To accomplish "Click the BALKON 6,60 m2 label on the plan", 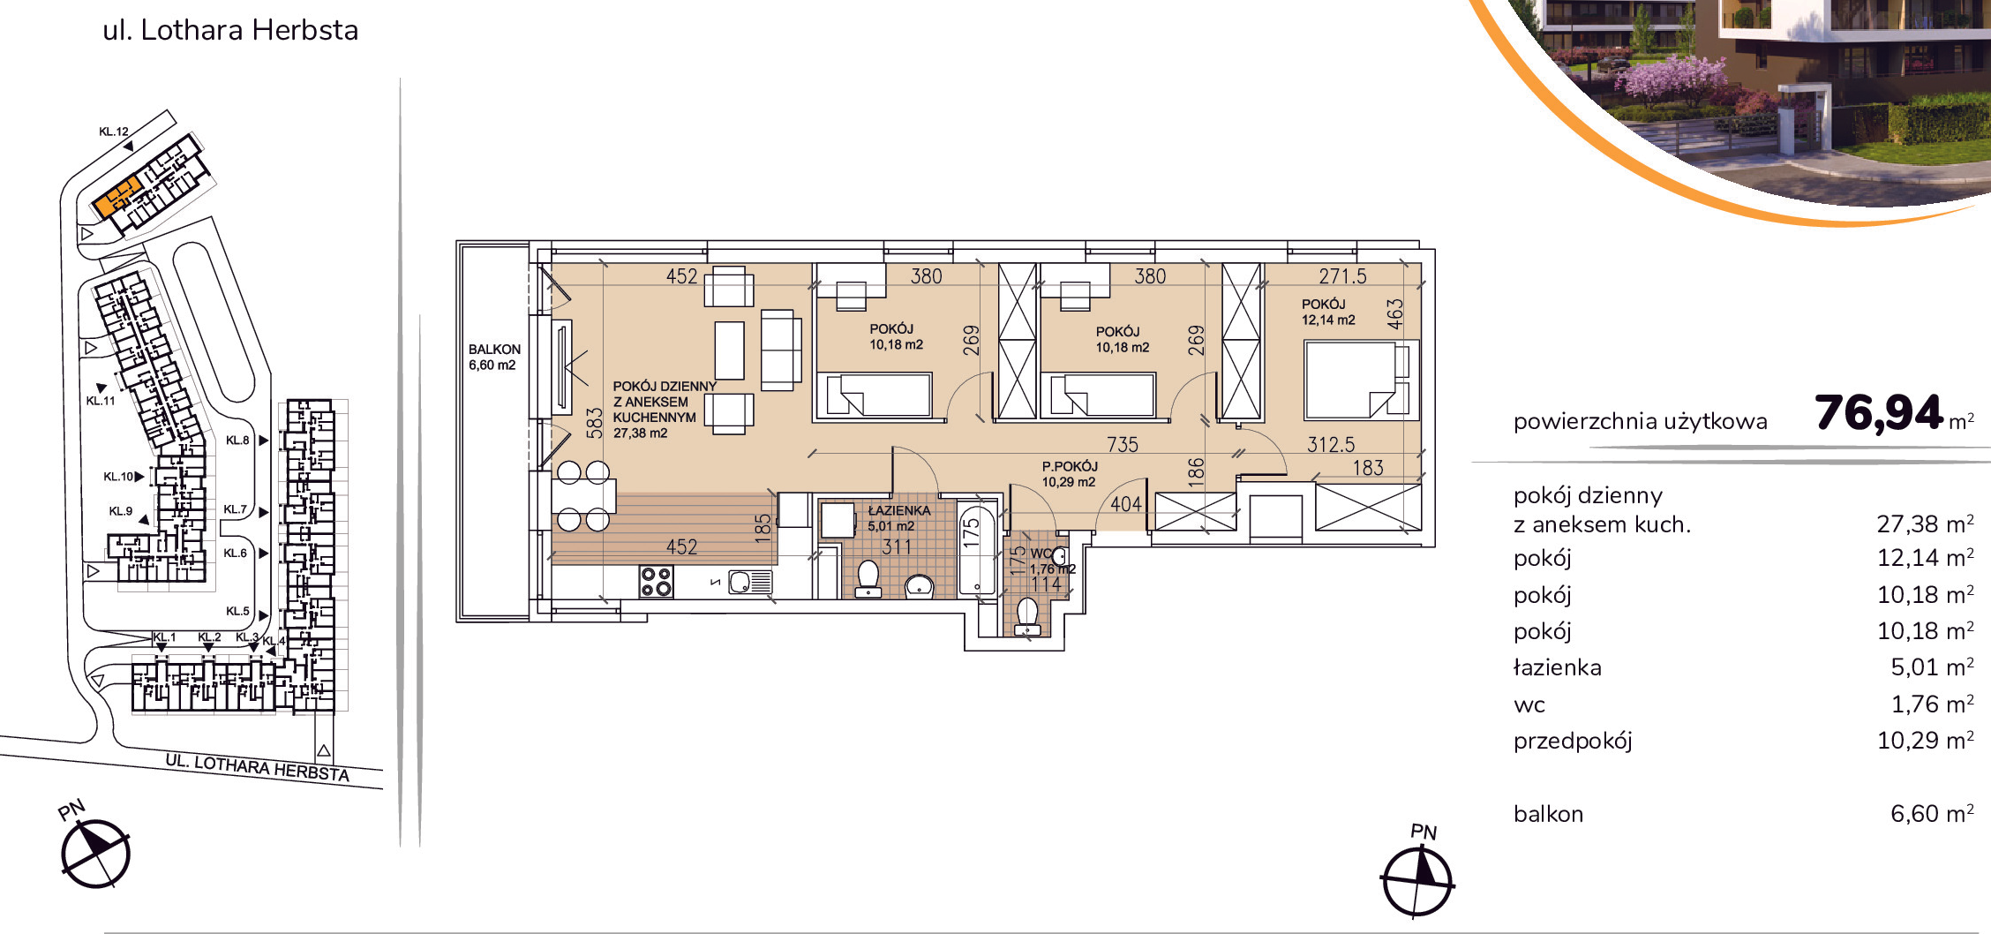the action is pos(494,358).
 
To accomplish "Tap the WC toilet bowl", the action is pos(1027,616).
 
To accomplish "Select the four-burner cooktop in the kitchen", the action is pos(656,583).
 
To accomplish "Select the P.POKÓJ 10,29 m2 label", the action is pos(1070,474).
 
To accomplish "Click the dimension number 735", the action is pos(1123,445).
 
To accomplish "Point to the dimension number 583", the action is pos(595,423).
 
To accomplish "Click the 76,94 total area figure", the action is pos(1879,412).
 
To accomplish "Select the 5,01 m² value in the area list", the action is pos(1932,667).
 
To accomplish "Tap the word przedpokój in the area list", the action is pos(1573,741).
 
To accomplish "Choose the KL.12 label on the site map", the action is pos(114,132).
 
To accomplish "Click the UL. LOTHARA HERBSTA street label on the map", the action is pos(258,767).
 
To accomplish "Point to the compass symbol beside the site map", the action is pos(95,854).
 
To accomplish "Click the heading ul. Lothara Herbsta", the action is pos(230,30).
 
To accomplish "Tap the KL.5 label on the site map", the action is pos(237,611).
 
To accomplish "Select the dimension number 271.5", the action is pos(1342,276).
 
